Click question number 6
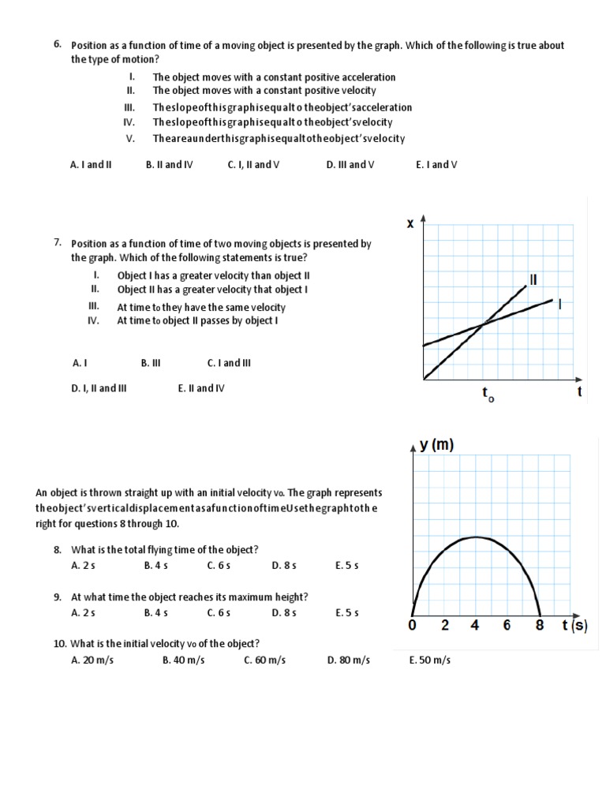tap(58, 44)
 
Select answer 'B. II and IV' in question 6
tap(169, 165)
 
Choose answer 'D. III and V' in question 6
tap(350, 165)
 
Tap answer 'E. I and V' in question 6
tap(436, 165)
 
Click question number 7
tap(58, 243)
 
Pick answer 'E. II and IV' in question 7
tap(201, 388)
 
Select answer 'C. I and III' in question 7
tap(229, 363)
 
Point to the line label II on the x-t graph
tap(533, 279)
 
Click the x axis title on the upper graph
tap(410, 224)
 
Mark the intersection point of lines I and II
tap(482, 324)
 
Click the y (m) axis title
tap(436, 445)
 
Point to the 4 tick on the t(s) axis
tap(475, 626)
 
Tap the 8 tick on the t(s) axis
tap(539, 626)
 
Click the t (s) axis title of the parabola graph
tap(574, 626)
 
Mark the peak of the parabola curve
tap(475, 537)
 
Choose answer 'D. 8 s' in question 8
tap(283, 565)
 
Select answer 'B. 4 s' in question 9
tap(156, 612)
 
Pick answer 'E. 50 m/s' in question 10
tap(430, 660)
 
